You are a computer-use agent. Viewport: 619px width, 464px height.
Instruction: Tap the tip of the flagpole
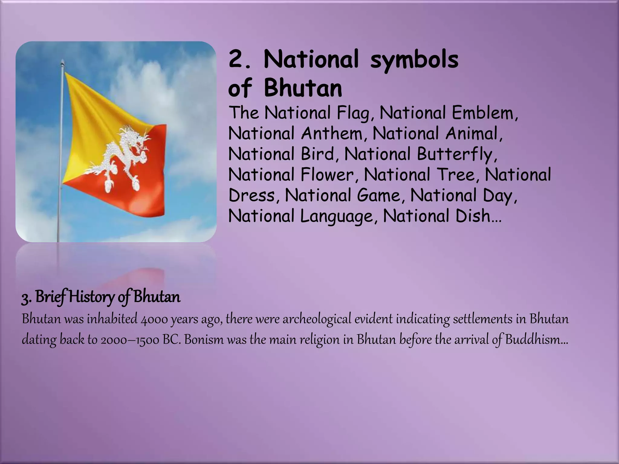[x=63, y=62]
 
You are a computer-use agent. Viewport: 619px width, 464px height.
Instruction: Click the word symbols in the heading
[x=414, y=60]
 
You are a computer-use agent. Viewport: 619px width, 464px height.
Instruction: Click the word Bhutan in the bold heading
[x=303, y=88]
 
